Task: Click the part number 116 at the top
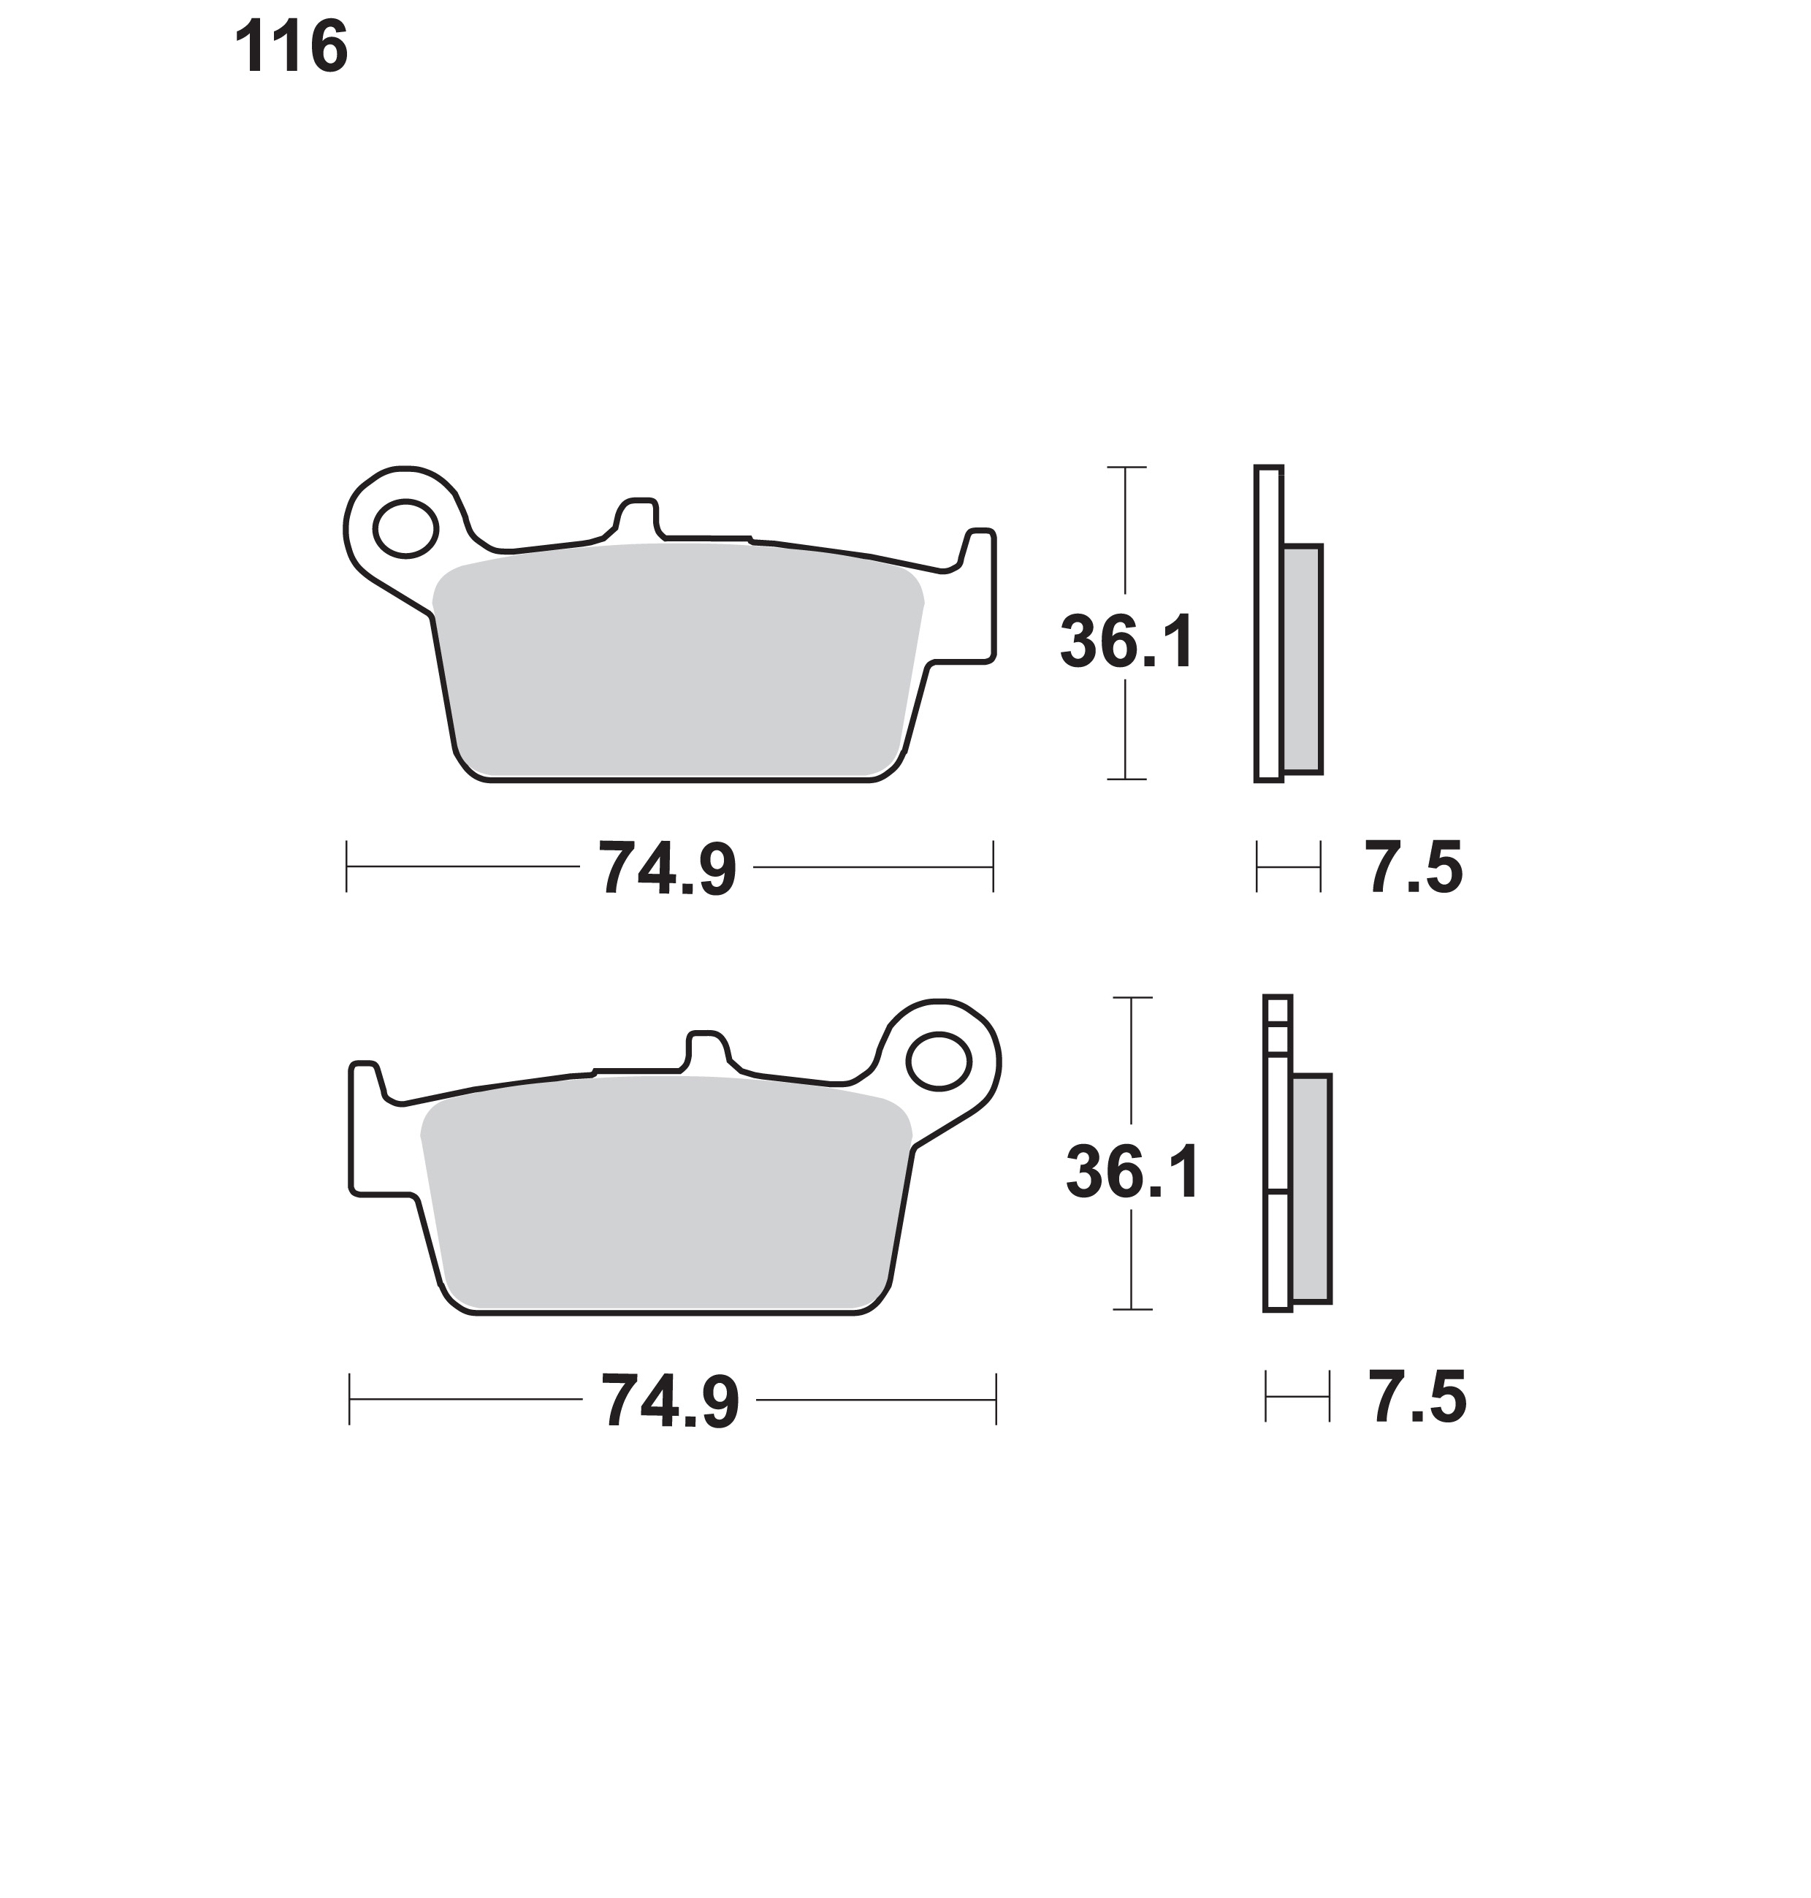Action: point(291,48)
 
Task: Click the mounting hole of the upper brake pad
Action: point(405,528)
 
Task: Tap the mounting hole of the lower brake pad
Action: point(938,1061)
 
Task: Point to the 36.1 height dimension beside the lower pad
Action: point(1133,1172)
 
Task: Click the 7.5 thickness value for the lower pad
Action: point(1418,1397)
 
